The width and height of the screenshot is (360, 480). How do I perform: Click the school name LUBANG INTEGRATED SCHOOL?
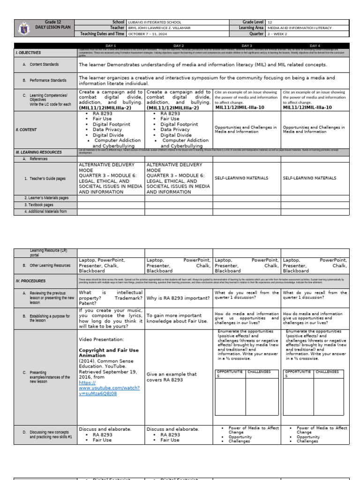(x=154, y=22)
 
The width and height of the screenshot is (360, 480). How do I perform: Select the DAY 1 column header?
(x=111, y=45)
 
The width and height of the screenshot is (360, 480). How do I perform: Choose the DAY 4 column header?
(x=315, y=45)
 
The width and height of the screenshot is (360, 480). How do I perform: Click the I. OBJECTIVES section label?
(x=29, y=53)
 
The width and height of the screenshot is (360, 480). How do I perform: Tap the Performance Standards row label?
(x=48, y=80)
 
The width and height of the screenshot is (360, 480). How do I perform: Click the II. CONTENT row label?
(x=27, y=130)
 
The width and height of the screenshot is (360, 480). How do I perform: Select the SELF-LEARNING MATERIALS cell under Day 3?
(x=241, y=178)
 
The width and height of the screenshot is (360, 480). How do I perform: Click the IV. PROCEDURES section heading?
(x=30, y=281)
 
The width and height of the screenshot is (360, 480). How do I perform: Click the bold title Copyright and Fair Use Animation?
(x=109, y=352)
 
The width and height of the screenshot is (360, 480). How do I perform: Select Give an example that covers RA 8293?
(x=172, y=377)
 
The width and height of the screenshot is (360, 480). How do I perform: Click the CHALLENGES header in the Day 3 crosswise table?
(x=259, y=372)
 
